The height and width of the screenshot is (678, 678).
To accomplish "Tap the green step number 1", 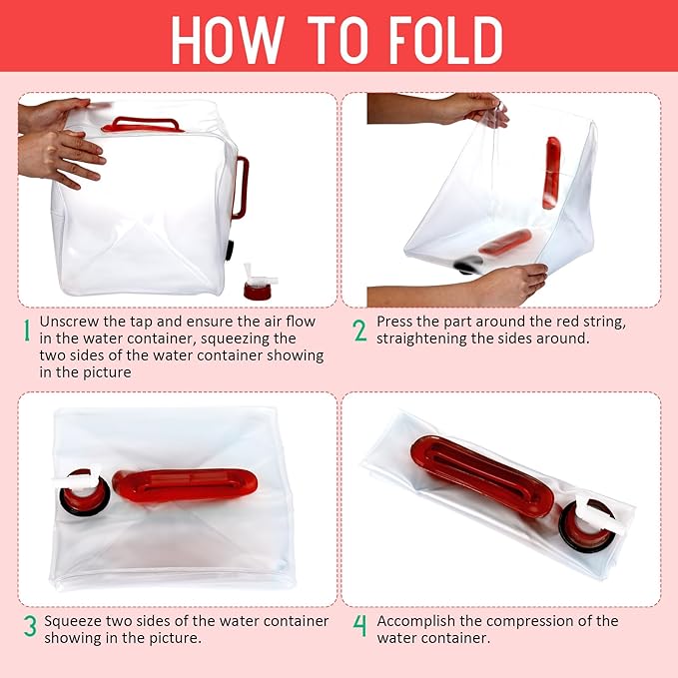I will pyautogui.click(x=27, y=331).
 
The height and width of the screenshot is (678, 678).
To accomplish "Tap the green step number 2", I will pyautogui.click(x=360, y=331).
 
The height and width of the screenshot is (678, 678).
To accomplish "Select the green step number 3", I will pyautogui.click(x=30, y=628).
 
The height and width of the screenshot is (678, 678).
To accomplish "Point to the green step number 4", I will pyautogui.click(x=360, y=628).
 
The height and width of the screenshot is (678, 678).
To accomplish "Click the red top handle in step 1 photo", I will pyautogui.click(x=144, y=125).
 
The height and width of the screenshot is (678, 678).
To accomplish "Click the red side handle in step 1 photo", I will pyautogui.click(x=240, y=187).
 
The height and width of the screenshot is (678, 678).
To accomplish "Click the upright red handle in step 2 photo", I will pyautogui.click(x=551, y=172).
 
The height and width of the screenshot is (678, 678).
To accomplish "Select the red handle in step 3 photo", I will pyautogui.click(x=184, y=484).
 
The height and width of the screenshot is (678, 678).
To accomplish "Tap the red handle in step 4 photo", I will pyautogui.click(x=480, y=475).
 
